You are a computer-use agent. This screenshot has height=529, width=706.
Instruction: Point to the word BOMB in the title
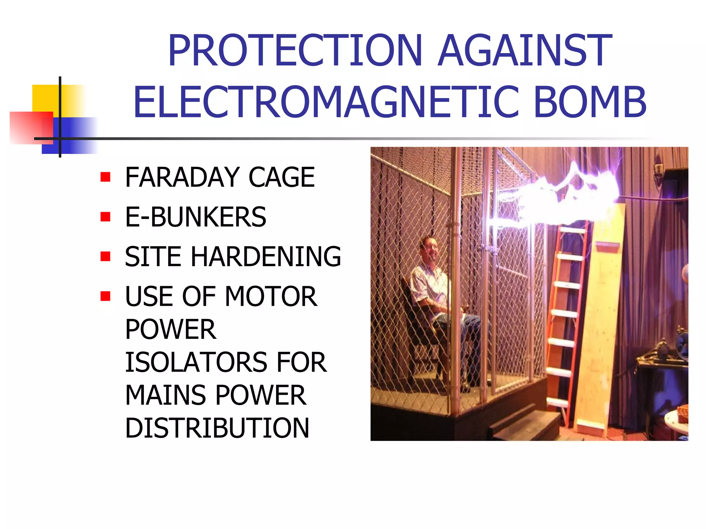pos(590,102)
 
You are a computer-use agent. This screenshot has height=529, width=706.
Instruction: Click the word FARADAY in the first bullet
pos(182,177)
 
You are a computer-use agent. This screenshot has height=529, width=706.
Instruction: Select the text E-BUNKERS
pos(195,217)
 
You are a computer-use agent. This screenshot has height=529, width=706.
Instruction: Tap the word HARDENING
pos(266,257)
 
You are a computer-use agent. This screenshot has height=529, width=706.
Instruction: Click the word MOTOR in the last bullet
pos(271,297)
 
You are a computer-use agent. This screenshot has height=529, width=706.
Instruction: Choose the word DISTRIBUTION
pos(217,428)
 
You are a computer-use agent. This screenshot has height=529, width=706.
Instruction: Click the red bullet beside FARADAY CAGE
pos(105,177)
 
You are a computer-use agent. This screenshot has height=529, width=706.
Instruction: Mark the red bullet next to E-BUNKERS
pos(105,217)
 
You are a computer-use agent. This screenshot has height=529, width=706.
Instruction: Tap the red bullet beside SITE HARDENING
pos(105,257)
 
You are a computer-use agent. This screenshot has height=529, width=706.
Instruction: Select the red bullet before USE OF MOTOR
pos(105,296)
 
